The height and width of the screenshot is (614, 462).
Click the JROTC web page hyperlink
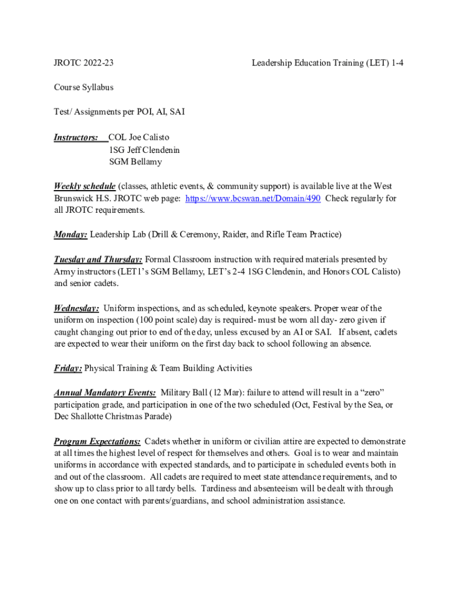(253, 198)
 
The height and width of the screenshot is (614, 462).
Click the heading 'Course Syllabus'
(83, 87)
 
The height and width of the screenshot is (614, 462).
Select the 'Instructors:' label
(76, 138)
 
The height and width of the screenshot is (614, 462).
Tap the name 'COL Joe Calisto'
(139, 138)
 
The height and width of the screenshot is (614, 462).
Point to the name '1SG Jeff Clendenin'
(144, 150)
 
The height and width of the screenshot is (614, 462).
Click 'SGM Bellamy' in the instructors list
(135, 162)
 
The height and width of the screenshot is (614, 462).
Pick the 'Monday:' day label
(71, 234)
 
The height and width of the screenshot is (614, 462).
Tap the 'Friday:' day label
(68, 368)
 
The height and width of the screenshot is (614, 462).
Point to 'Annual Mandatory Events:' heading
(105, 393)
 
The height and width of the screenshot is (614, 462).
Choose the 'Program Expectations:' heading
(97, 441)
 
